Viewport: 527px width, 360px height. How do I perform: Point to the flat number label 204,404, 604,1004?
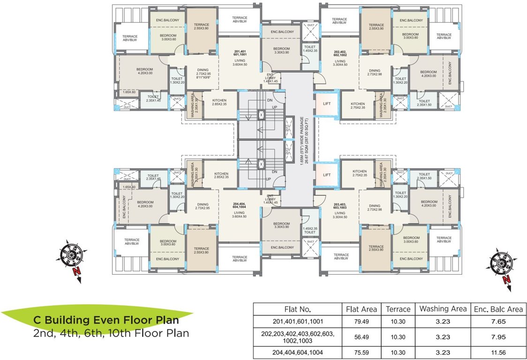[x=239, y=206]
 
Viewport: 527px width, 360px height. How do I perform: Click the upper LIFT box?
[x=327, y=104]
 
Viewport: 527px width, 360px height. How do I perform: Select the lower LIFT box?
[x=327, y=175]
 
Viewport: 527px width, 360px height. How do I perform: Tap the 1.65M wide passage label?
[x=303, y=140]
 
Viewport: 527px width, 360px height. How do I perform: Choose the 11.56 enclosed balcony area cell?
[x=498, y=352]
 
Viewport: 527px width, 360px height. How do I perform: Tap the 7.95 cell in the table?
[x=498, y=337]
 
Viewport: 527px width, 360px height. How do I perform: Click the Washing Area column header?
[x=443, y=309]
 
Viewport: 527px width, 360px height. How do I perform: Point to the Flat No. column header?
[x=298, y=309]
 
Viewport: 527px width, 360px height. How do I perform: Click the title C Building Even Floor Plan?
[x=105, y=321]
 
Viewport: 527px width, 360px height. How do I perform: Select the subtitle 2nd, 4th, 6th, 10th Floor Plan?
[x=111, y=334]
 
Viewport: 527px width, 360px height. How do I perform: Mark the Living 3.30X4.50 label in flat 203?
[x=340, y=215]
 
